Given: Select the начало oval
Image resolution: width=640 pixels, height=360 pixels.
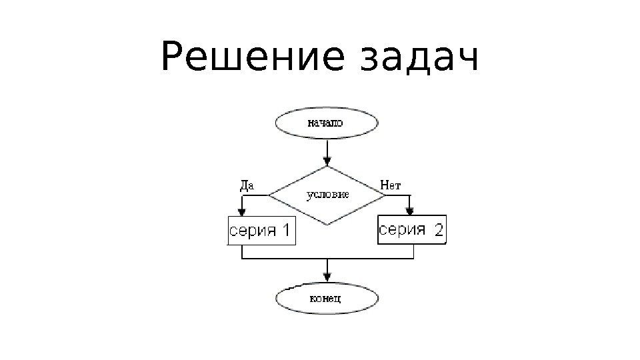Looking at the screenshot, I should point(327,123).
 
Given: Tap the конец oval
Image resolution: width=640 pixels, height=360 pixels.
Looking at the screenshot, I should point(327,297).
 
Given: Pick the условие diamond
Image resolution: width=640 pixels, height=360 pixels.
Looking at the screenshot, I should point(327,195).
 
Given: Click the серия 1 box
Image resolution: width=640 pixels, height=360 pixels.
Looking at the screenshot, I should point(261,231).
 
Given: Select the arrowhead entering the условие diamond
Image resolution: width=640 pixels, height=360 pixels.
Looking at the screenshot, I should point(327,161).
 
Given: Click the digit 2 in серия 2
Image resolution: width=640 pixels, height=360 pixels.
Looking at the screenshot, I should point(438,231).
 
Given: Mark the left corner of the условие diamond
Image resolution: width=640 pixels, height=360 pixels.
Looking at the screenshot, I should point(269,195).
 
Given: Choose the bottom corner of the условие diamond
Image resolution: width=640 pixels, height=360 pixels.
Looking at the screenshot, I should point(327,225).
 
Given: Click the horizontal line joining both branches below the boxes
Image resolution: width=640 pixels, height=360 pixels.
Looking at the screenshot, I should point(327,259).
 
